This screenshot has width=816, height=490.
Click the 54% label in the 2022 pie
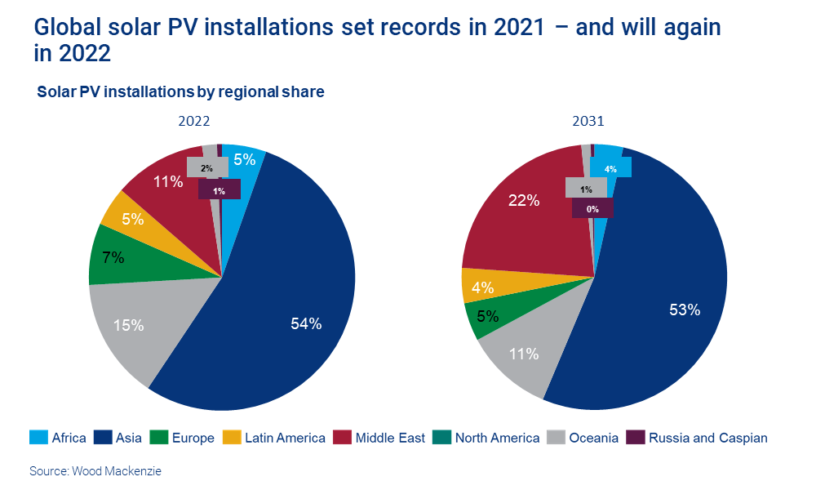click(306, 323)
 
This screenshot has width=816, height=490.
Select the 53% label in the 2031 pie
click(684, 310)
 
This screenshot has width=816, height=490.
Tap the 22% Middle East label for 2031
click(523, 200)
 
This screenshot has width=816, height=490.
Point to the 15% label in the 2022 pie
click(128, 325)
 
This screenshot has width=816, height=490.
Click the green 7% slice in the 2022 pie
click(114, 257)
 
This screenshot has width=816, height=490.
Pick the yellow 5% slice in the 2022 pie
click(132, 218)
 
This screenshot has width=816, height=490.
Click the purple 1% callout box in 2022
click(220, 190)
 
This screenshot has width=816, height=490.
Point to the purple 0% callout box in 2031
click(592, 209)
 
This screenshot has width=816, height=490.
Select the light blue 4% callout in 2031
click(610, 168)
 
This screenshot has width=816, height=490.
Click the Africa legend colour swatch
click(38, 438)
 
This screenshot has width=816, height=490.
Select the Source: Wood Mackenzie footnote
click(90, 471)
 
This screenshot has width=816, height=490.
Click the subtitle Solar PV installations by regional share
click(180, 92)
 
